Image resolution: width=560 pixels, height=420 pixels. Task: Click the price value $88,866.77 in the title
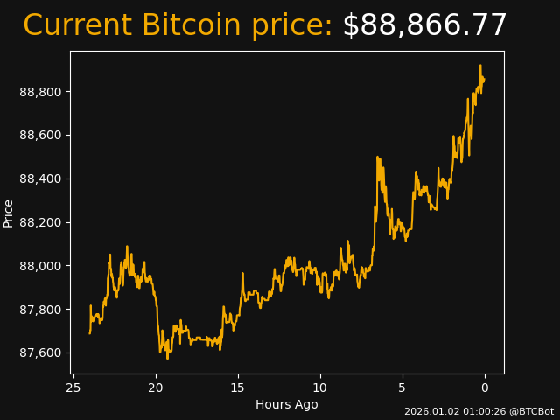(x=424, y=26)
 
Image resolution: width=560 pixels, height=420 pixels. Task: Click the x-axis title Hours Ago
(x=287, y=404)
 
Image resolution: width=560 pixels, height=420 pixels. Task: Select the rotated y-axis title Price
(x=9, y=213)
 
